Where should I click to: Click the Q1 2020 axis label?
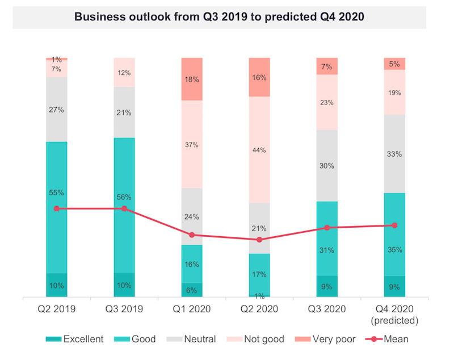192,309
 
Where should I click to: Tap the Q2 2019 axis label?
56,309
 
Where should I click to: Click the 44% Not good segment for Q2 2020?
259,150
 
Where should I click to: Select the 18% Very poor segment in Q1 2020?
192,79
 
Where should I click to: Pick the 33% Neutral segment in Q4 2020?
394,154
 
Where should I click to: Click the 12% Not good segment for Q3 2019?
124,73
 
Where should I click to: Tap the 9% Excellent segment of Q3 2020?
327,287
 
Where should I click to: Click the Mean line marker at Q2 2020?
259,240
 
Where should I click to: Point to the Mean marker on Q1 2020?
192,235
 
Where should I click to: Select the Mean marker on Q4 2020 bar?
394,225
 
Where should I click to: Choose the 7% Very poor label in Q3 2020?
327,66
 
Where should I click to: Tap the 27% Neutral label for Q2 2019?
56,110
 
